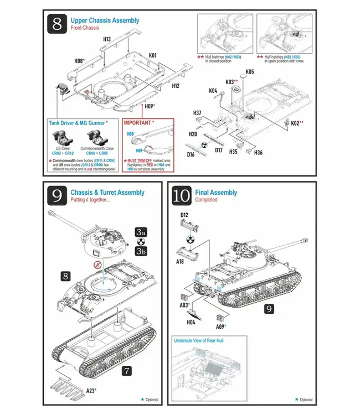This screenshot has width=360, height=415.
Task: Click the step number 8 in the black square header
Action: (x=57, y=25)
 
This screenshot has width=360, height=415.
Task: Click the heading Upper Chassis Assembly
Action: (x=105, y=20)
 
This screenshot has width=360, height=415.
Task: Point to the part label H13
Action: (x=107, y=39)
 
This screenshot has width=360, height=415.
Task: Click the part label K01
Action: (x=153, y=55)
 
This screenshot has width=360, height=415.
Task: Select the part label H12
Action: (x=176, y=86)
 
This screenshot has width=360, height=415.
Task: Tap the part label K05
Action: (x=250, y=72)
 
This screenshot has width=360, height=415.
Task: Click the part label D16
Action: (x=191, y=154)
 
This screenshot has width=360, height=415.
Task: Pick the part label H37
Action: (x=197, y=113)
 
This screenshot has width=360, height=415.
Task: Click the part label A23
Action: (x=91, y=391)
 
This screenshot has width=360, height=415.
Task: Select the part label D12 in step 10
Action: (x=184, y=214)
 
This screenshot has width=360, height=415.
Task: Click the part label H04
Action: (x=191, y=321)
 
